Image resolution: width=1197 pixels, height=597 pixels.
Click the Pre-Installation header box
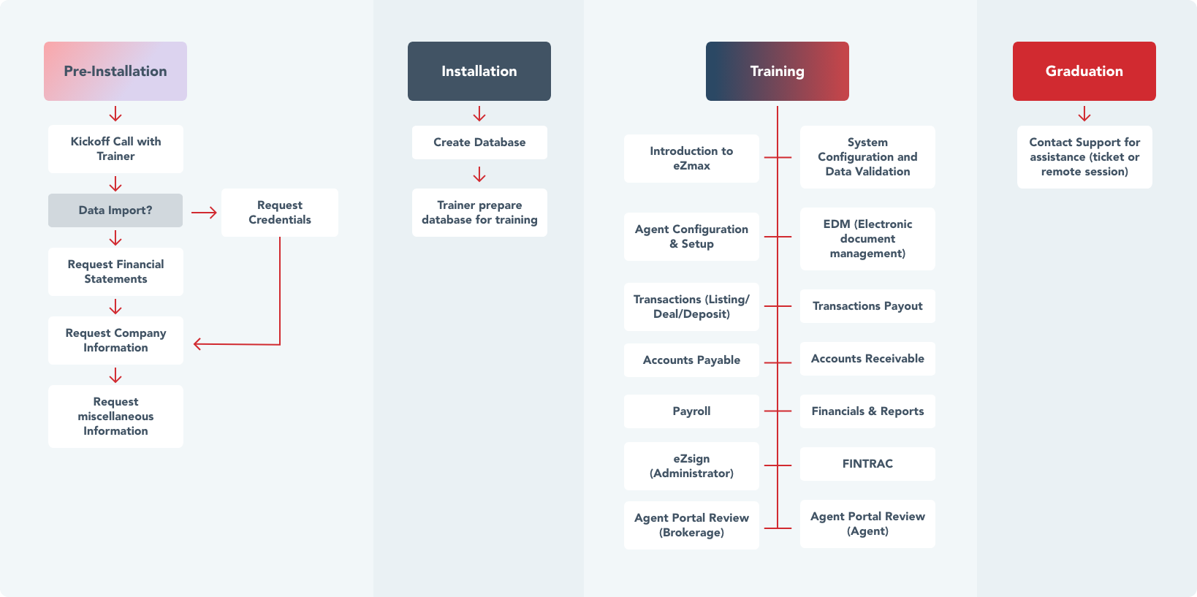point(115,71)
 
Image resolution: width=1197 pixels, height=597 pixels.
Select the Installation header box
point(479,71)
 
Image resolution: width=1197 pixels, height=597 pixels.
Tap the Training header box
point(777,71)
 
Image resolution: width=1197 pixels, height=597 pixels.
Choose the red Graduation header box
point(1084,71)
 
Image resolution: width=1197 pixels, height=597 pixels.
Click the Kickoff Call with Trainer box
point(115,149)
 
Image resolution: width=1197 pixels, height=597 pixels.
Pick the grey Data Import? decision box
point(115,210)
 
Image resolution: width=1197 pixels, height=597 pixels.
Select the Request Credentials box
point(280,213)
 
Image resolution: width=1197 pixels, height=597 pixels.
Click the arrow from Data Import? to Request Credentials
point(204,213)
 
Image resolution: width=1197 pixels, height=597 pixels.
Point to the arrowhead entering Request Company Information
point(198,343)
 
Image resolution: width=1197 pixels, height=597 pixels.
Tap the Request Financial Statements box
point(115,272)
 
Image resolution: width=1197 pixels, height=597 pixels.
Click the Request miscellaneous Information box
point(115,417)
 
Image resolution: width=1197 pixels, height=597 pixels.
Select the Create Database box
point(479,142)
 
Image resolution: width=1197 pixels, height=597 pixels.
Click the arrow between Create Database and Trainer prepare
point(479,175)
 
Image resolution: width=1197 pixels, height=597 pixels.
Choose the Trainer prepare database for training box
point(479,213)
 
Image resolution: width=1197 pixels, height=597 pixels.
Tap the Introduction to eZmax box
point(691,159)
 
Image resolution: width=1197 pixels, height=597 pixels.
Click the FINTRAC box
point(867,464)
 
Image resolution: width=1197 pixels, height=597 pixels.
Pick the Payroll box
point(691,411)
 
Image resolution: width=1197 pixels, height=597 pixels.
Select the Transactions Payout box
point(867,306)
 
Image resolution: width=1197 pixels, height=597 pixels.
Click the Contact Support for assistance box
point(1084,157)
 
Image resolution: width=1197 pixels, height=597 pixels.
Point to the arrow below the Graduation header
point(1084,114)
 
